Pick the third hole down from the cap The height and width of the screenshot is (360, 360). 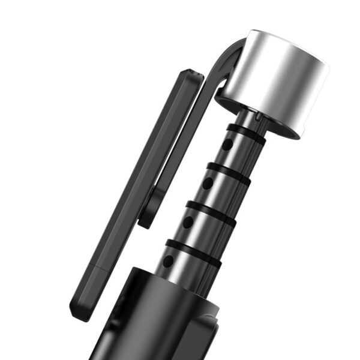click(188, 222)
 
